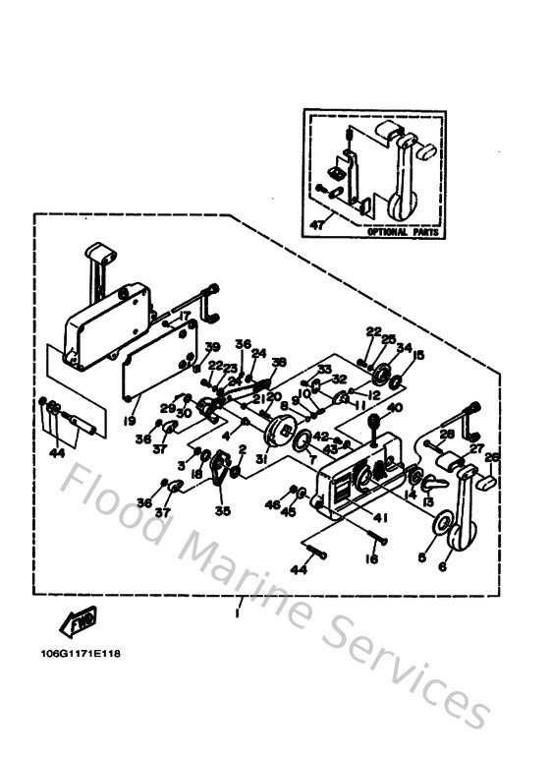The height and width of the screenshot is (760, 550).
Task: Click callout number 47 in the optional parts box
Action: pyautogui.click(x=316, y=225)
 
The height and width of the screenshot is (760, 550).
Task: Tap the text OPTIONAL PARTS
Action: pyautogui.click(x=402, y=234)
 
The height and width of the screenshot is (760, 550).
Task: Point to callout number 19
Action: pyautogui.click(x=130, y=420)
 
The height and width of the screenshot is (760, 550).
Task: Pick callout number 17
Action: pyautogui.click(x=183, y=316)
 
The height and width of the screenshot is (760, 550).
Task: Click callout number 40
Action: pyautogui.click(x=395, y=408)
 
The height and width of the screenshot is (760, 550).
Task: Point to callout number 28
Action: pyautogui.click(x=446, y=433)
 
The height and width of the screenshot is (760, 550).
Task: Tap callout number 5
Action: pyautogui.click(x=422, y=556)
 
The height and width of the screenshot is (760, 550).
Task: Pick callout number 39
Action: pyautogui.click(x=212, y=345)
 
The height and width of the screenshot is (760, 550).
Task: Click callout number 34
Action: pyautogui.click(x=404, y=346)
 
